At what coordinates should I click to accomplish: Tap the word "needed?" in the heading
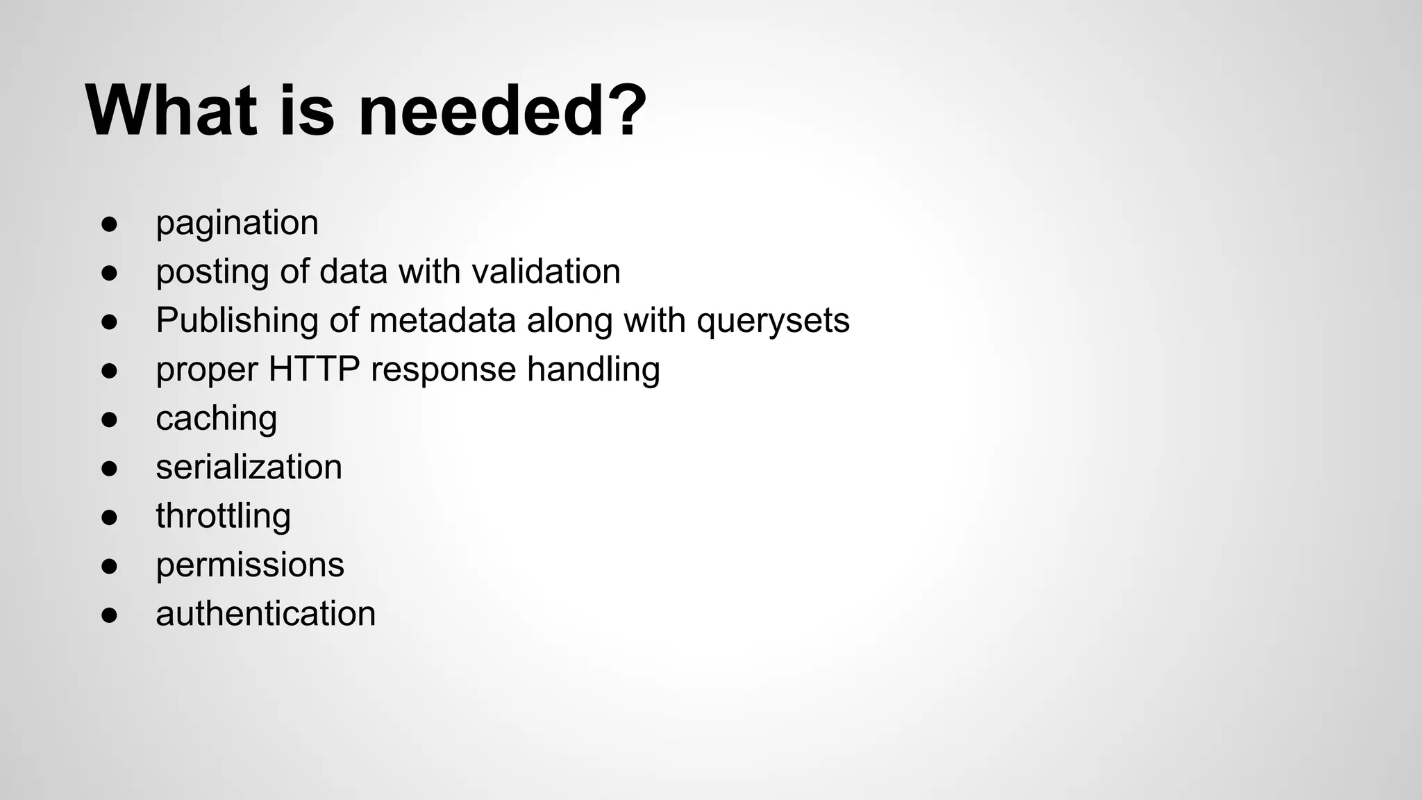502,111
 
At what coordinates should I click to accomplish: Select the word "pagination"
237,223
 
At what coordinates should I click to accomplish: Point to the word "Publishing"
237,321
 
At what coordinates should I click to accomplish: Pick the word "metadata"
442,321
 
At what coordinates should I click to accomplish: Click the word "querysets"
773,321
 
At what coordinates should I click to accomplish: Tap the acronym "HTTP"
314,369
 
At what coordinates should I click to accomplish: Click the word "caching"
216,419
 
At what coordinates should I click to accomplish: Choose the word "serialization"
249,467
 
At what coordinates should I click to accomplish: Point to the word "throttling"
223,516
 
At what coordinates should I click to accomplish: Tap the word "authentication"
265,614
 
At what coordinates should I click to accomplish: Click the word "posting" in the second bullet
212,272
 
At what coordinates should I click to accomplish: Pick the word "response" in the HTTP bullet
443,369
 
